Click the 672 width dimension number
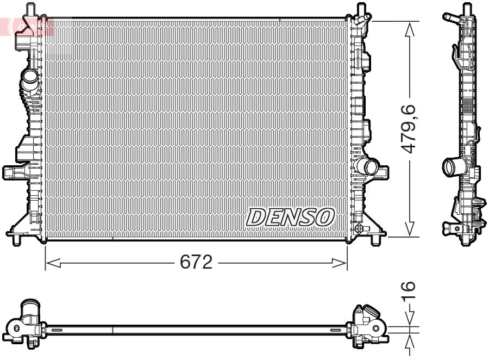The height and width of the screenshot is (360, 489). coord(196,263)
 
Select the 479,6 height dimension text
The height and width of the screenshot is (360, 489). coord(409,128)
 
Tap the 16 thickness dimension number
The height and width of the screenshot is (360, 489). coord(409,292)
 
